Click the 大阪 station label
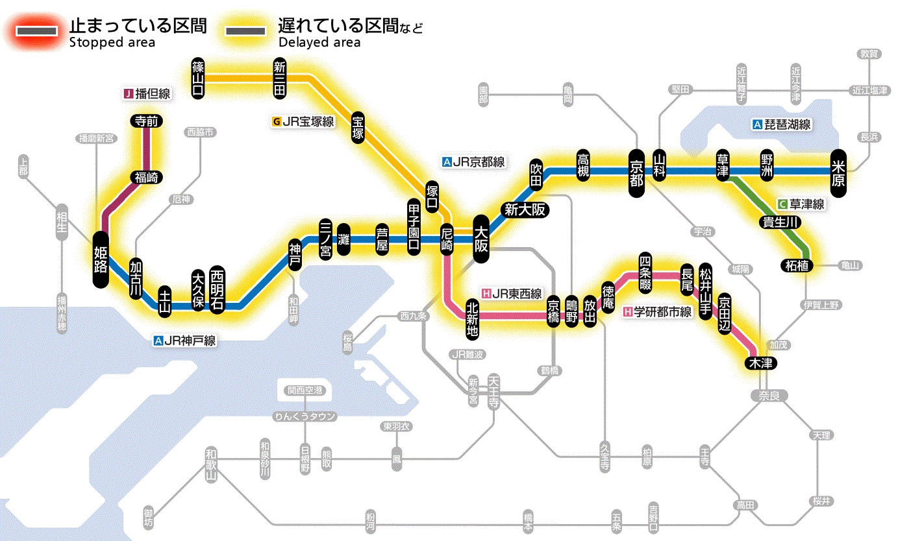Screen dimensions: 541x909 point(481,239)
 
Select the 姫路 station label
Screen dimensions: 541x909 point(101,259)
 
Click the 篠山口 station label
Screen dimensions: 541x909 point(199,78)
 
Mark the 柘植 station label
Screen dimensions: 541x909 point(797,265)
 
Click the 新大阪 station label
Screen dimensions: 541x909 point(525,210)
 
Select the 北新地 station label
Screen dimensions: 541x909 point(472,318)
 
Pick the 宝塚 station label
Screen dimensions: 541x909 point(358,127)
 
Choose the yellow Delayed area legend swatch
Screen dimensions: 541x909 point(245,31)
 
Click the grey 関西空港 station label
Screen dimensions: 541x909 point(305,391)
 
